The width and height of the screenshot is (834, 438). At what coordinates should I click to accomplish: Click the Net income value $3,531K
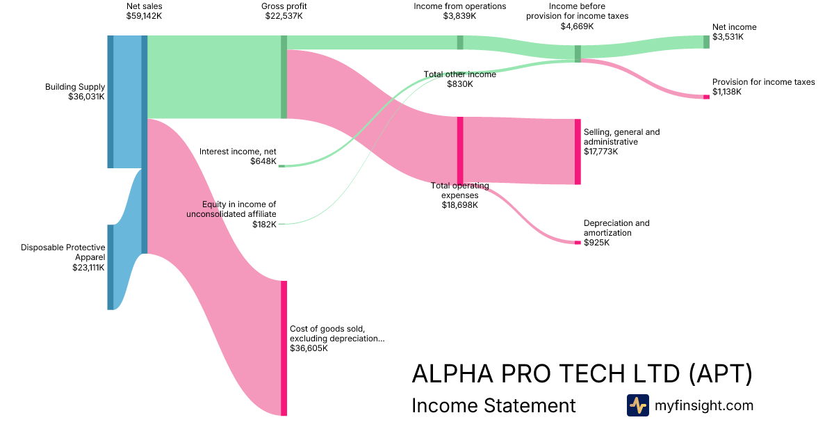728,37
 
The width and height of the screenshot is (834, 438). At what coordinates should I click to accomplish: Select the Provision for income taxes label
763,82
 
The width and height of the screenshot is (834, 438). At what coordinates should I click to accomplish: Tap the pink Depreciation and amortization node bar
578,243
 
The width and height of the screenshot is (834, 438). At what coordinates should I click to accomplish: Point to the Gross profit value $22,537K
284,17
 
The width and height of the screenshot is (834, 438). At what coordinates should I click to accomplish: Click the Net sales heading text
145,7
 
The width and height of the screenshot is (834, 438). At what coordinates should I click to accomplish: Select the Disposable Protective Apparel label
63,252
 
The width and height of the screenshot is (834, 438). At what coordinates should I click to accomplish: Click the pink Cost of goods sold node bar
284,348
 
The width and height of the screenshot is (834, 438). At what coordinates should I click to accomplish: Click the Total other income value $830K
459,84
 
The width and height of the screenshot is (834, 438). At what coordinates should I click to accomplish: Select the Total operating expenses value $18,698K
459,205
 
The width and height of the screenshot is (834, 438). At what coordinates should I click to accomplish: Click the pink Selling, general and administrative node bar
578,152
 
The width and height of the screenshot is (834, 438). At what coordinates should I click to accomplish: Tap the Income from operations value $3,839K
459,17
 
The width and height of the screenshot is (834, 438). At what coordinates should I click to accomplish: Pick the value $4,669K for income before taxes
577,26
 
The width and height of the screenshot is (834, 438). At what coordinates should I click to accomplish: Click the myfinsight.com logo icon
637,405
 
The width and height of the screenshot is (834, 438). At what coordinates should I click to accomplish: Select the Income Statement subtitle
493,405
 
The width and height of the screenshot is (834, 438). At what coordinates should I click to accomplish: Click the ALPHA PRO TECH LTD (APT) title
582,374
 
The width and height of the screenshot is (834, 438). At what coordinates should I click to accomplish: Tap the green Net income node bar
706,42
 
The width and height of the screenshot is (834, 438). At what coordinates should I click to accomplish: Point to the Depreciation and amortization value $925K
596,243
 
